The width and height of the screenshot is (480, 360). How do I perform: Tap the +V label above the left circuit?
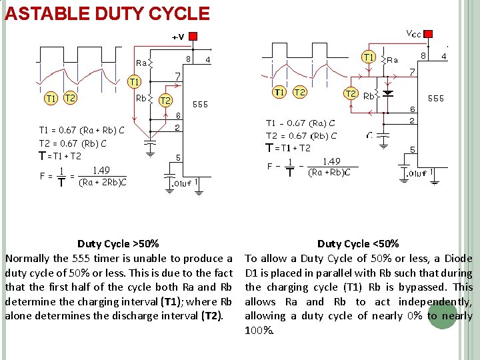pyautogui.click(x=178, y=37)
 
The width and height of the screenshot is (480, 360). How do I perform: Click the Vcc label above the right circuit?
pyautogui.click(x=413, y=33)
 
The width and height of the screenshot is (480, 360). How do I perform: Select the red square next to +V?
pyautogui.click(x=193, y=35)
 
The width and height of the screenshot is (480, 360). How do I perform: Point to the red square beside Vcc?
pyautogui.click(x=429, y=33)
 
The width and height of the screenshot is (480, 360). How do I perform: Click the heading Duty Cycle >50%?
pyautogui.click(x=118, y=244)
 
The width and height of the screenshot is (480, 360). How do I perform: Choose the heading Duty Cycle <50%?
pyautogui.click(x=358, y=244)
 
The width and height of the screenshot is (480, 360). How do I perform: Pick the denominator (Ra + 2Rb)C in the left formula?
pyautogui.click(x=103, y=182)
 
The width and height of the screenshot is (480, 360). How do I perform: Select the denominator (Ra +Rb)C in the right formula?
pyautogui.click(x=329, y=172)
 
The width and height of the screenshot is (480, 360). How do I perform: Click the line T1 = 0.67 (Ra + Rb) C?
pyautogui.click(x=81, y=130)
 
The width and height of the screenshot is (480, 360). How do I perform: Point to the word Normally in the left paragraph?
pyautogui.click(x=27, y=258)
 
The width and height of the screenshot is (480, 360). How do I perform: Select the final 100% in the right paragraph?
pyautogui.click(x=258, y=330)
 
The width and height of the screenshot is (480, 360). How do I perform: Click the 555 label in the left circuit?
pyautogui.click(x=200, y=104)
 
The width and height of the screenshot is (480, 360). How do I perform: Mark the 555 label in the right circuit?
pyautogui.click(x=436, y=98)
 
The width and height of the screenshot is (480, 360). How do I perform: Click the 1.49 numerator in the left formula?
pyautogui.click(x=101, y=170)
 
